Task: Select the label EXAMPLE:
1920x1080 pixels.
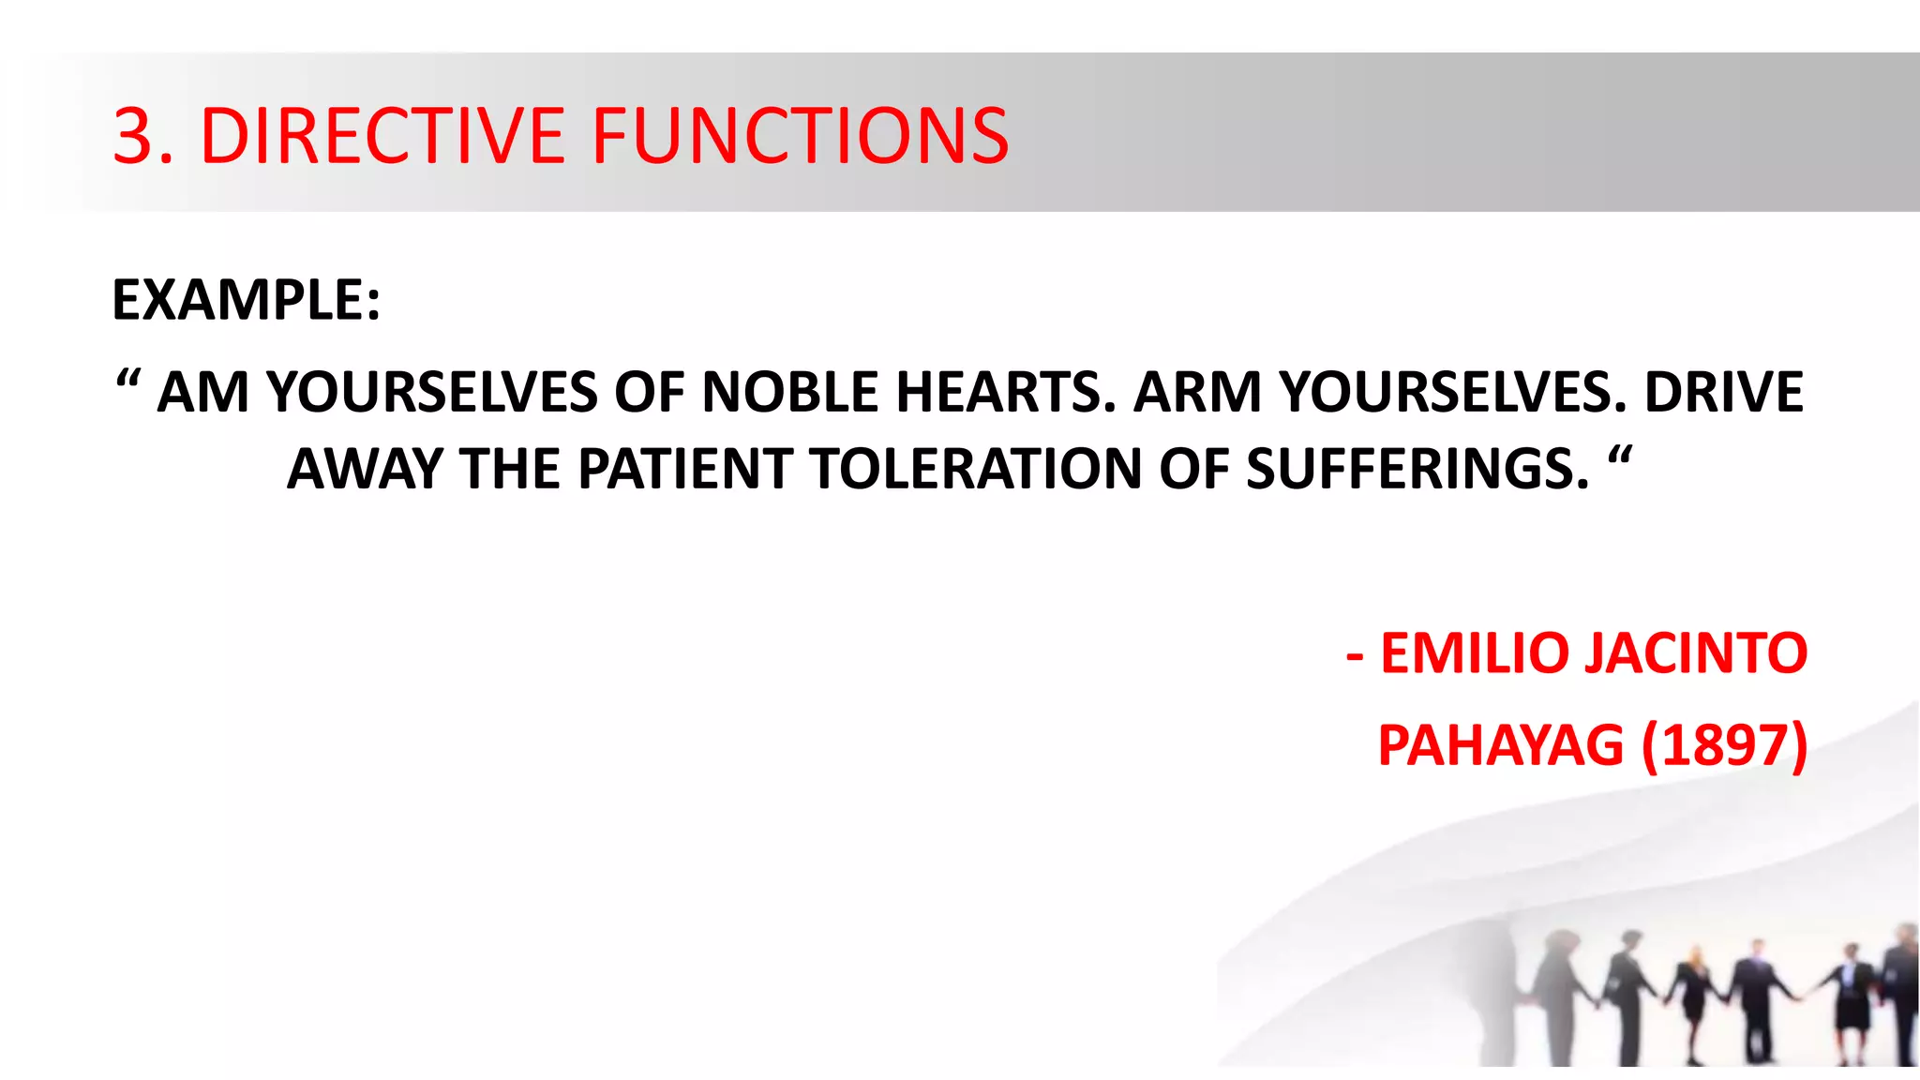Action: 247,300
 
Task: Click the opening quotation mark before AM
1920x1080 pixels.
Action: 127,382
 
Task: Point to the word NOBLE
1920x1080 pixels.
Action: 790,392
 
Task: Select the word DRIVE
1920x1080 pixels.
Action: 1724,392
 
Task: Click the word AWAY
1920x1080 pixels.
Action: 365,469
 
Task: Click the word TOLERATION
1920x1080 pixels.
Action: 976,469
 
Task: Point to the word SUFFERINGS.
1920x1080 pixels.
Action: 1417,469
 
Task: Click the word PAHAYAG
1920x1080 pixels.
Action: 1500,746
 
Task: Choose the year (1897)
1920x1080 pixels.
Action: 1724,746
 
